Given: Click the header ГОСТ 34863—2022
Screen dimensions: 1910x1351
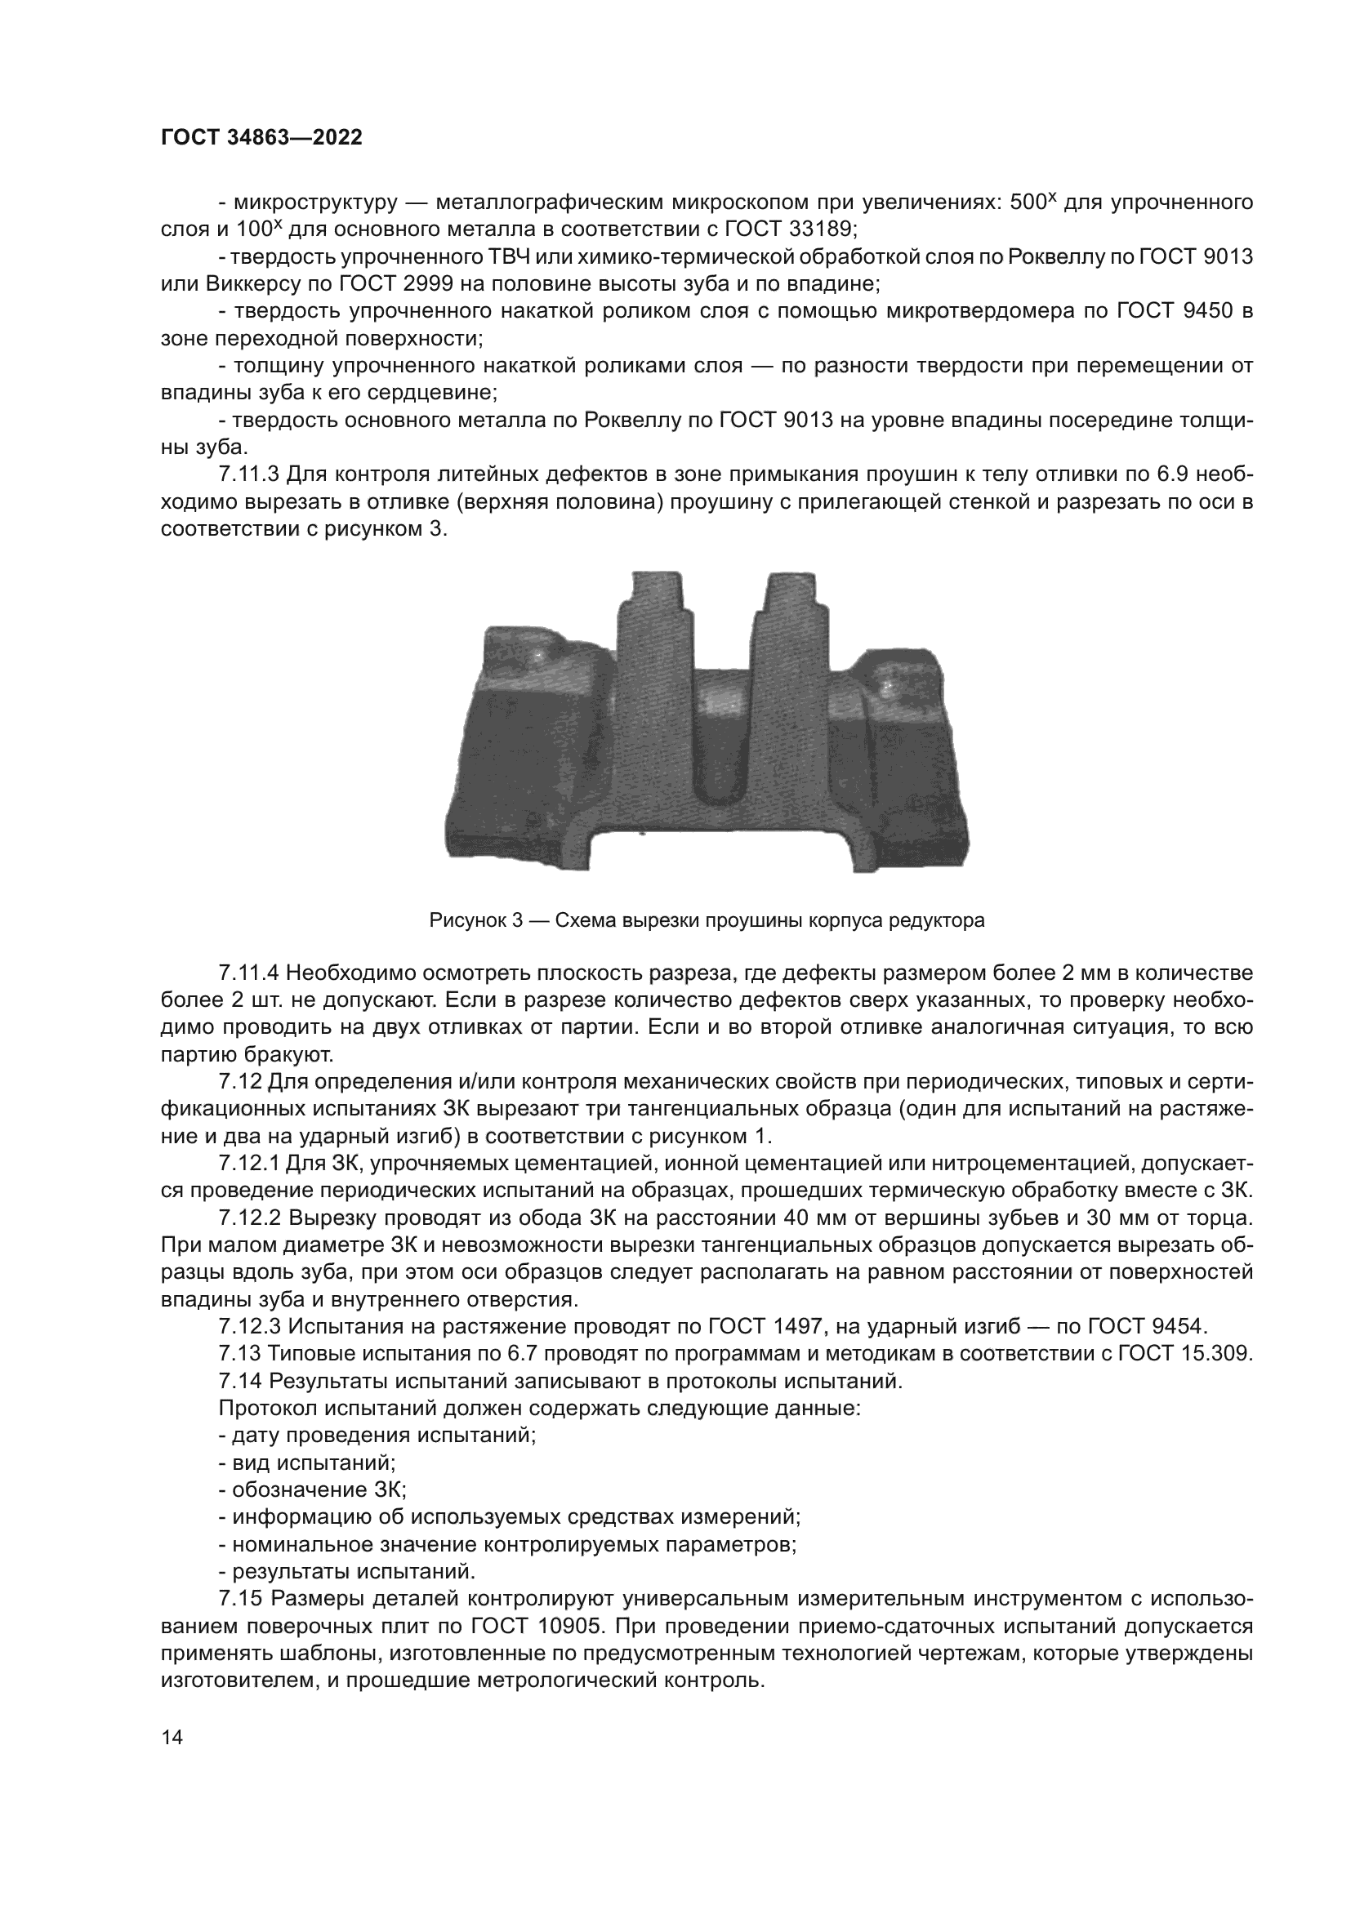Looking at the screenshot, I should (x=261, y=138).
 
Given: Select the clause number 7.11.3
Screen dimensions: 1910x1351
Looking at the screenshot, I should (x=250, y=474).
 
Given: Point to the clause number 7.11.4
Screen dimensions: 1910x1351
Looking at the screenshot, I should (x=250, y=973).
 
